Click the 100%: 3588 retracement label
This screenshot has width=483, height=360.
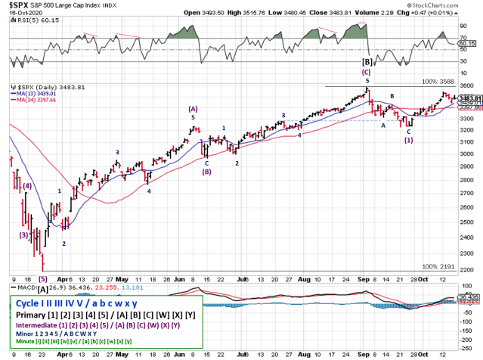[x=438, y=81]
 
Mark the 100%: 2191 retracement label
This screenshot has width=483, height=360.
[x=438, y=267]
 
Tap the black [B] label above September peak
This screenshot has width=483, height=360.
[x=367, y=61]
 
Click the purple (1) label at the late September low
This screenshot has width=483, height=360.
[x=408, y=139]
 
